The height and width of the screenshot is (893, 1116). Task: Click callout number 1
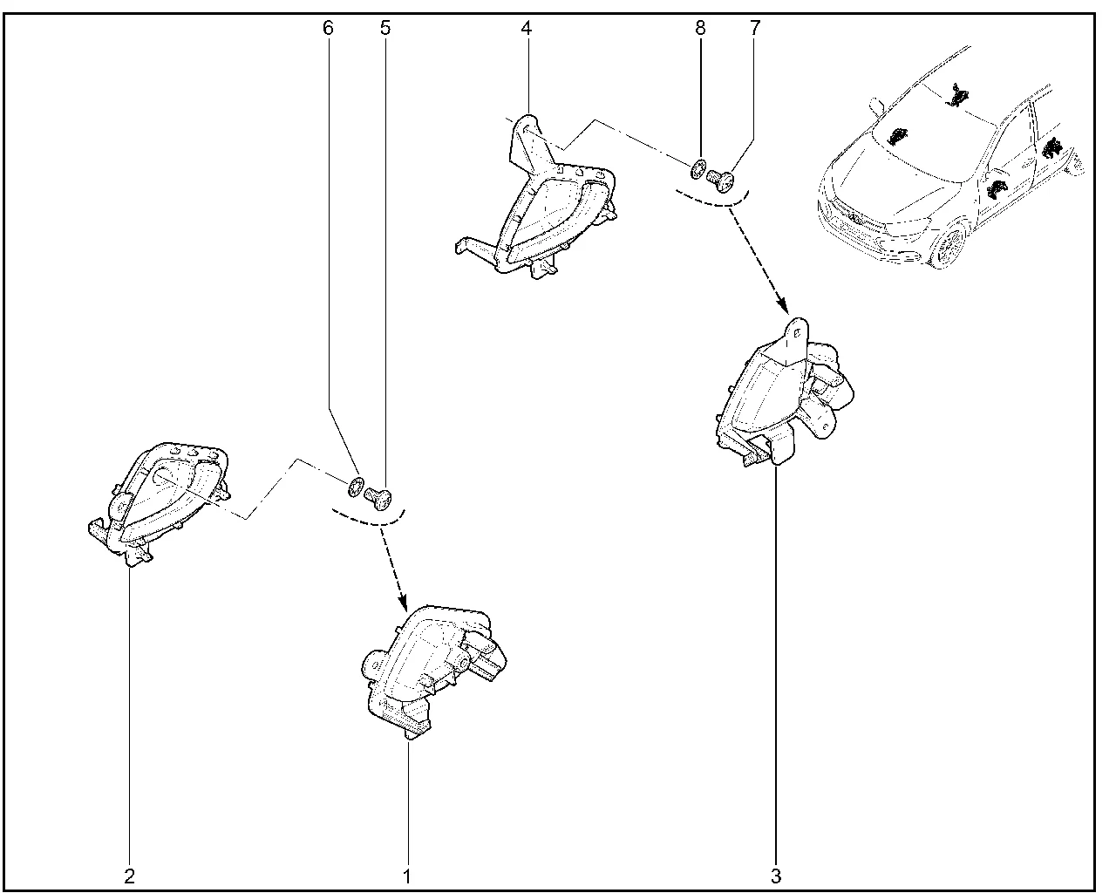408,876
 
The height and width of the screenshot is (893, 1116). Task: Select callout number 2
129,876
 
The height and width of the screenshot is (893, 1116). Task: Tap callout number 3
776,876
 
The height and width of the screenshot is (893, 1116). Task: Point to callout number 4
527,28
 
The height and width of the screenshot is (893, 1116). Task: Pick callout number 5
384,28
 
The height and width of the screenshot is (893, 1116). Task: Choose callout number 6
328,28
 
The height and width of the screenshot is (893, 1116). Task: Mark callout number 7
755,28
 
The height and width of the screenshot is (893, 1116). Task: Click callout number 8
700,28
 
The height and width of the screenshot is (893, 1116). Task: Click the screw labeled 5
378,498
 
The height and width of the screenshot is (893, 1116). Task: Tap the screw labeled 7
721,180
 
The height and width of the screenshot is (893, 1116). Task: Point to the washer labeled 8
698,168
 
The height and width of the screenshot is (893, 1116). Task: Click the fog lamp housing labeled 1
433,671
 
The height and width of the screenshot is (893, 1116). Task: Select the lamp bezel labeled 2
158,503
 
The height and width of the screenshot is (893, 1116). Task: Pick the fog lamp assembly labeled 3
783,394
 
